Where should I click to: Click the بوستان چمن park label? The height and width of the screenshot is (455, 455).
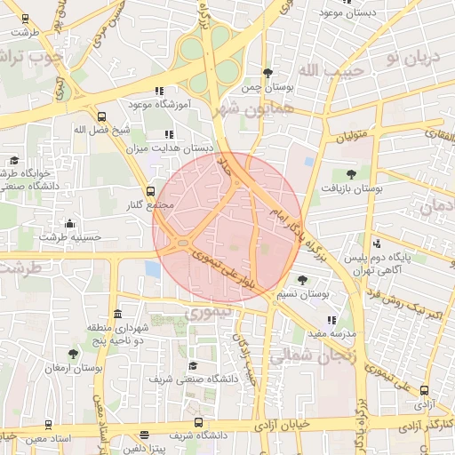tap(267, 89)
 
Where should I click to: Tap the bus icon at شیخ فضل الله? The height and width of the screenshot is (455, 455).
tap(100, 116)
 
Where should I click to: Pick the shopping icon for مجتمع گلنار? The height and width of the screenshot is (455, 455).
tap(149, 191)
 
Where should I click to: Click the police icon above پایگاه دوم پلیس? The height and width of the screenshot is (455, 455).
tap(379, 243)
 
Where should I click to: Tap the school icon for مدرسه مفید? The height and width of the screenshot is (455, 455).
tap(331, 320)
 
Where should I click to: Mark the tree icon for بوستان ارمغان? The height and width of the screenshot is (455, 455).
tap(74, 354)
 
